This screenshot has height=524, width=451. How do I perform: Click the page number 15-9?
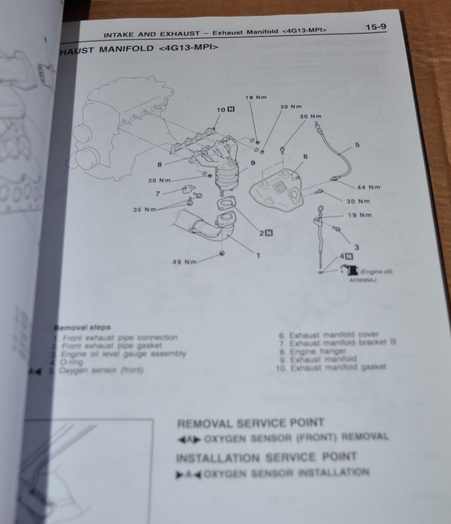(375, 26)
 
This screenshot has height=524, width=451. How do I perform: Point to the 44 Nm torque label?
(368, 187)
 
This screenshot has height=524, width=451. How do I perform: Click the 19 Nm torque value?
(359, 216)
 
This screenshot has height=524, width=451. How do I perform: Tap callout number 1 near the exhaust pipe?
(257, 255)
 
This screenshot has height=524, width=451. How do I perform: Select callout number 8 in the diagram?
(159, 165)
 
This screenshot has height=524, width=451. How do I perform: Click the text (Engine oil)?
(376, 271)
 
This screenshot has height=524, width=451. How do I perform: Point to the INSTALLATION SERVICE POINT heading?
(266, 458)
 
